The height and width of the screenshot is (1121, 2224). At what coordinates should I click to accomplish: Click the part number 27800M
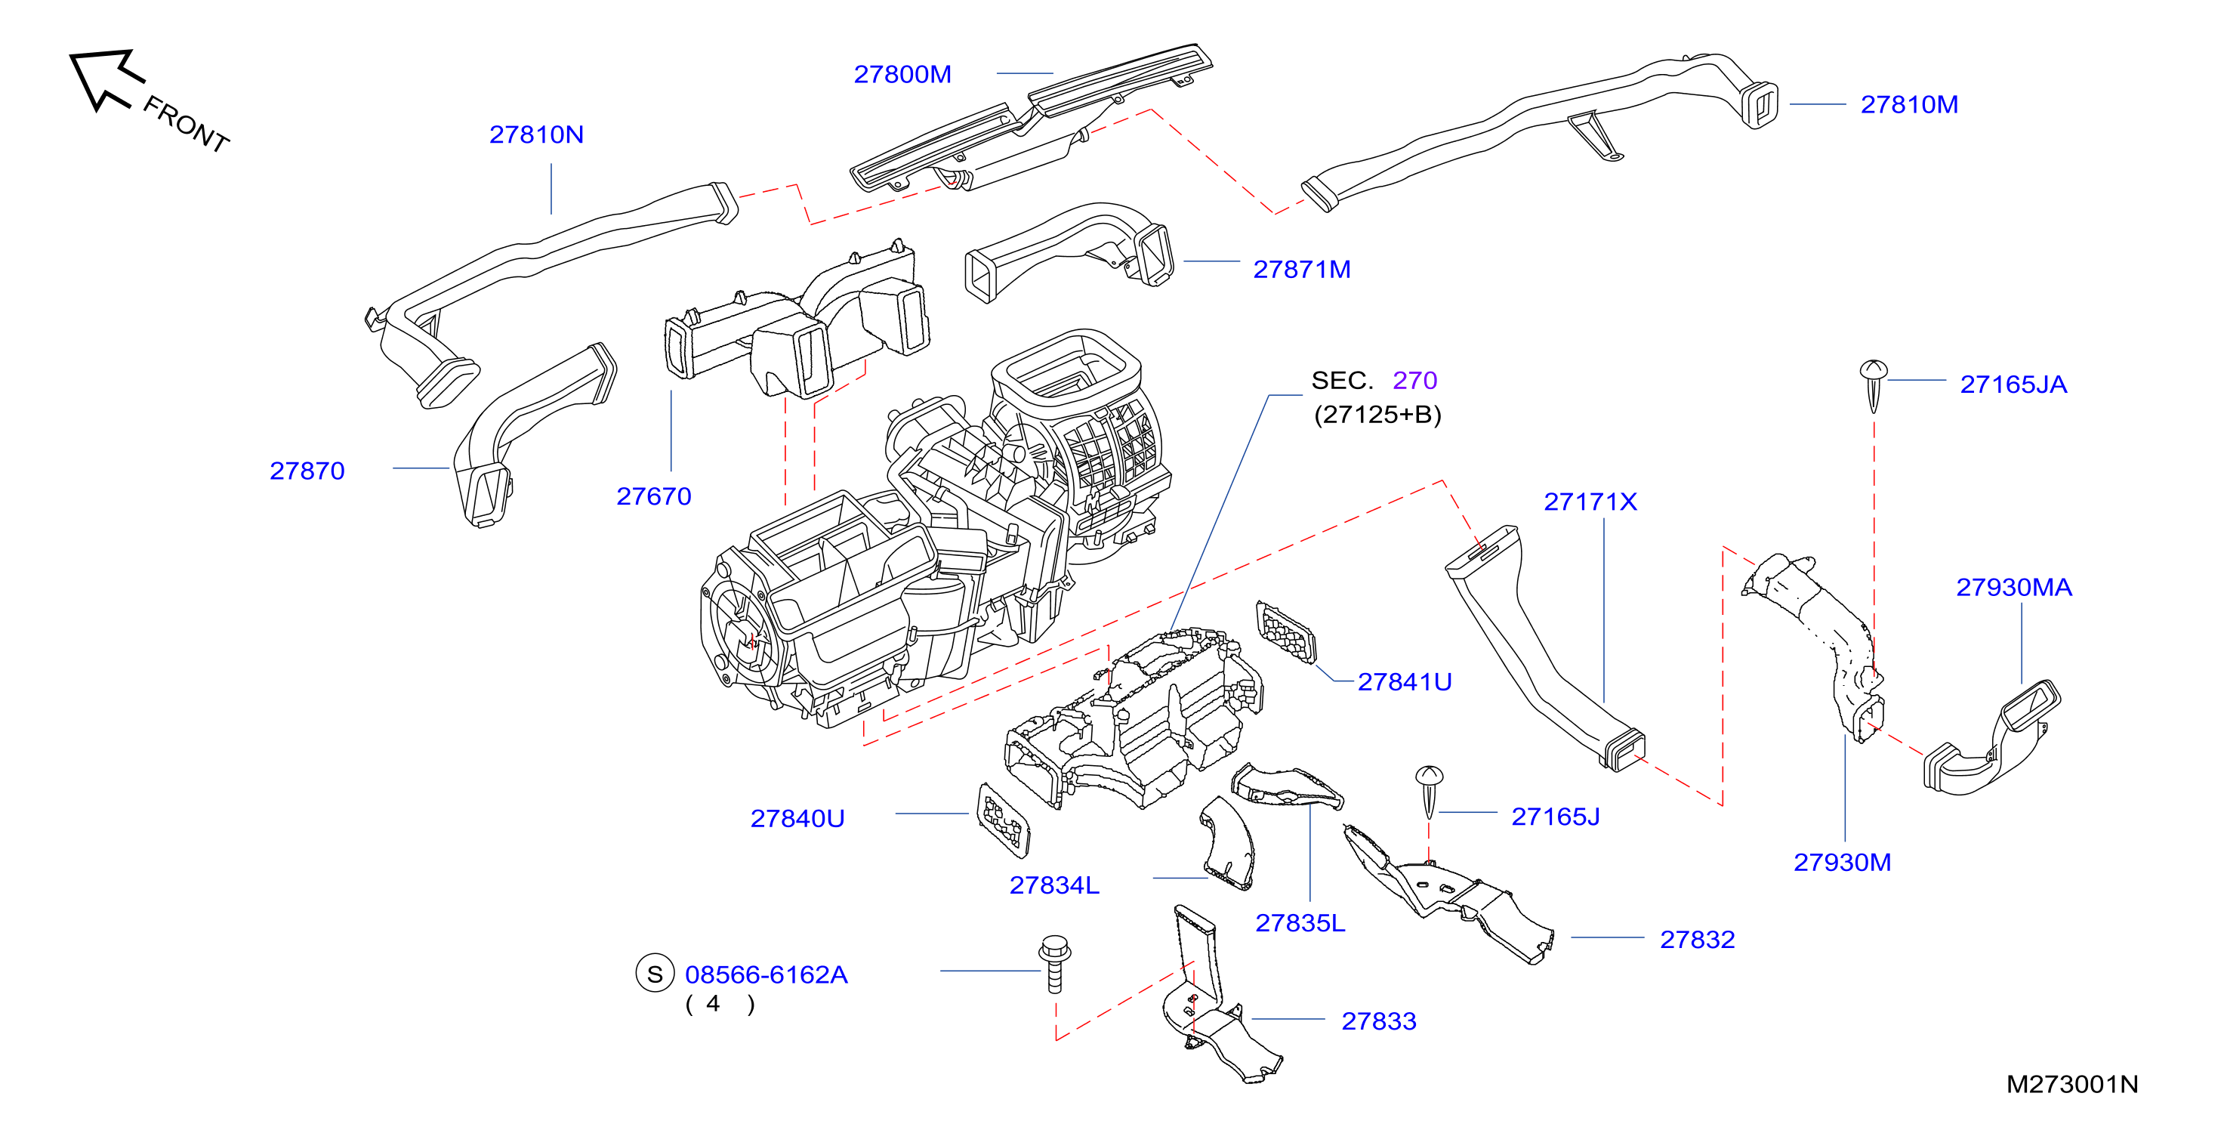(x=902, y=74)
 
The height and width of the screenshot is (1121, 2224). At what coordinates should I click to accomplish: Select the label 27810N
(x=536, y=134)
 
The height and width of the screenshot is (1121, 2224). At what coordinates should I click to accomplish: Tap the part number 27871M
(x=1301, y=270)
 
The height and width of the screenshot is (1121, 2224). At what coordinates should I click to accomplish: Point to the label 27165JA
(x=2013, y=384)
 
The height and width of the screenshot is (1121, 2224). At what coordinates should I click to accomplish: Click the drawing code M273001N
(x=2072, y=1084)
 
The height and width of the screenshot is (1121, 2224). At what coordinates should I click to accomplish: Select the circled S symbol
(x=655, y=973)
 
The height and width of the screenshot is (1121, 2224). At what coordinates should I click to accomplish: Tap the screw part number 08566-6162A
(x=766, y=974)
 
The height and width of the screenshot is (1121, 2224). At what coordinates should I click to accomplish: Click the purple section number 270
(x=1414, y=380)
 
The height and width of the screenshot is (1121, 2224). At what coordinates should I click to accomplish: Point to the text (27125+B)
(x=1377, y=415)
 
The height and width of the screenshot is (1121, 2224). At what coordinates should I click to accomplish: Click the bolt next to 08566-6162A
(x=1054, y=963)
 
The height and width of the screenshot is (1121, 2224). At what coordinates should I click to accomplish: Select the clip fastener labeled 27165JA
(x=1873, y=385)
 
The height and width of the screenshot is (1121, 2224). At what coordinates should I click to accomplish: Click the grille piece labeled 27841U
(x=1285, y=633)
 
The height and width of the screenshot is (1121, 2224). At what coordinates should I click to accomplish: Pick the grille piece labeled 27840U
(x=1003, y=820)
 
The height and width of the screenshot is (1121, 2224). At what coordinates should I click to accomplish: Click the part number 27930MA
(x=2013, y=587)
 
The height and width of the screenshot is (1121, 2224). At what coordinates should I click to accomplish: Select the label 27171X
(x=1590, y=502)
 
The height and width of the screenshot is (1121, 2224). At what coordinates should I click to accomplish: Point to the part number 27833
(x=1378, y=1022)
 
